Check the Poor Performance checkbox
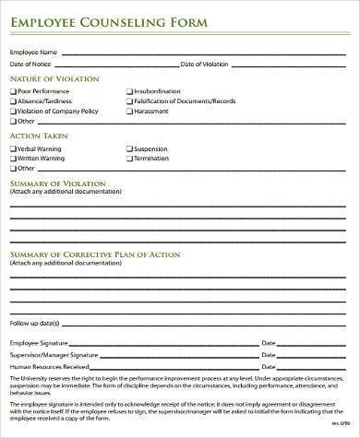click(13, 92)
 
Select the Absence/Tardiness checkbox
click(13, 101)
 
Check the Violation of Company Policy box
click(13, 111)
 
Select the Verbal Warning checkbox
click(13, 148)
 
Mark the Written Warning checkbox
click(13, 158)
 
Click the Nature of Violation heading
click(54, 79)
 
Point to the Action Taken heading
click(38, 136)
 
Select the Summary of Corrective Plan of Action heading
click(95, 254)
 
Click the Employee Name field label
click(33, 52)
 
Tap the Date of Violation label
click(202, 64)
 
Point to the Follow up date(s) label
click(34, 324)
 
